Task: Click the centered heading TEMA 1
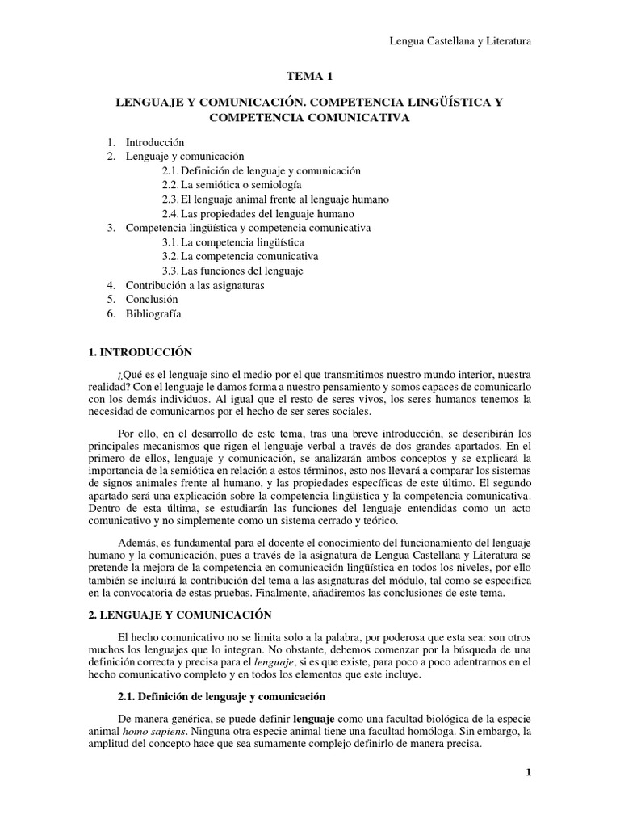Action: [310, 77]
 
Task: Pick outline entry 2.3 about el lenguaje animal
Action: [275, 199]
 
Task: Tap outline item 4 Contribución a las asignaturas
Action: [195, 285]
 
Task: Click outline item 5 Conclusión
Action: [151, 300]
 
